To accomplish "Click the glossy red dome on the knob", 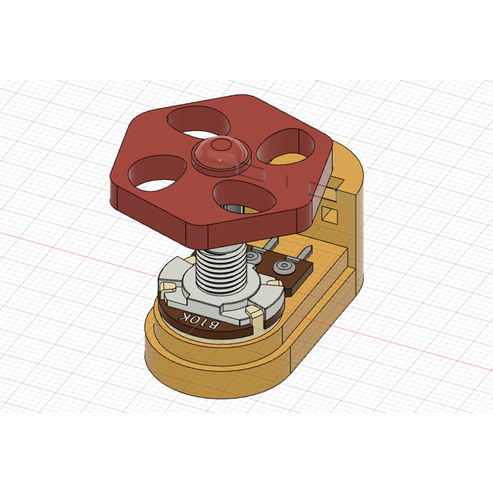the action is click(220, 153).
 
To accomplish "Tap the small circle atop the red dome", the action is click(220, 144).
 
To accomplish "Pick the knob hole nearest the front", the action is click(244, 196).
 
